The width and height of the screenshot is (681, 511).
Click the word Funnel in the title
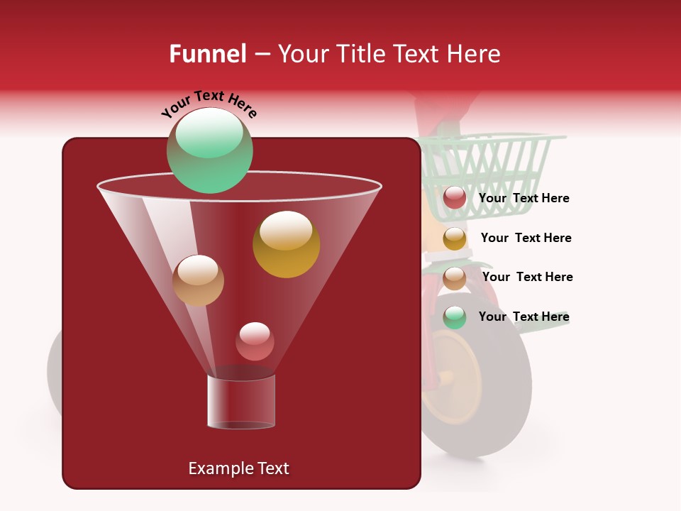(207, 54)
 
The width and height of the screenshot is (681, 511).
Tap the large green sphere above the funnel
(209, 150)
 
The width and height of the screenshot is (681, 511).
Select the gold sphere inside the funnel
(286, 244)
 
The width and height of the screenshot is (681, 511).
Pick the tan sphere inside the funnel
(198, 280)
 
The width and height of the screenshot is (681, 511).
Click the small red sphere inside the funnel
(255, 341)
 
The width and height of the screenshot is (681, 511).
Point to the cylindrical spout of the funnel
(240, 402)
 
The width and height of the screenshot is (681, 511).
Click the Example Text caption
(238, 468)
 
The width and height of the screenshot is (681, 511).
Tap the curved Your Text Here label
(209, 104)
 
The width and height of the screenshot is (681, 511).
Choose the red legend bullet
(455, 198)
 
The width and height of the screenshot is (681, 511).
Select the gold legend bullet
(455, 238)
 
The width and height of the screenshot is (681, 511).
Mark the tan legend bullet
(455, 278)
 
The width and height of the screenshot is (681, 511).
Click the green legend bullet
(455, 317)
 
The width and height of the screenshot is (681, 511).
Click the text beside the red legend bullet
(524, 199)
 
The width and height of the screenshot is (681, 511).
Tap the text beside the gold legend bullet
(526, 238)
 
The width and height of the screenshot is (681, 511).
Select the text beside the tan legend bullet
(527, 278)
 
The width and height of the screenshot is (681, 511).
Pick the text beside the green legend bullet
(524, 317)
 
